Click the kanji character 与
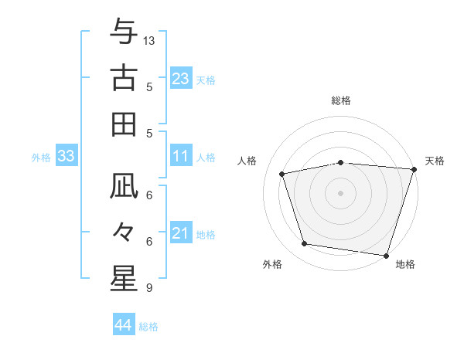coord(124,32)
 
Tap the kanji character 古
coord(124,78)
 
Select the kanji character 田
coord(124,124)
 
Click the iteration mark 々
coord(124,232)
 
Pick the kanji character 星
coord(124,279)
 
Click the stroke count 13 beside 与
coord(149,39)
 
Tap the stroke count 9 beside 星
coord(148,288)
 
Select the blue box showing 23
coord(180,79)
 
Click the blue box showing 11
coord(180,157)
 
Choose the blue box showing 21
coord(180,233)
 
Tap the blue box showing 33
coord(66,157)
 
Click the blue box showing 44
coord(123,326)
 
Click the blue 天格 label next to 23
coord(206,80)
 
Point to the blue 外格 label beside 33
coord(41,158)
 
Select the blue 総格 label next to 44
coord(148,327)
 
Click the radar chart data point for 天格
coord(414,169)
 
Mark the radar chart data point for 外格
coord(305,244)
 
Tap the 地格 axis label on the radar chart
coord(405,264)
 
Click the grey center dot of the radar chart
coord(340,192)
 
